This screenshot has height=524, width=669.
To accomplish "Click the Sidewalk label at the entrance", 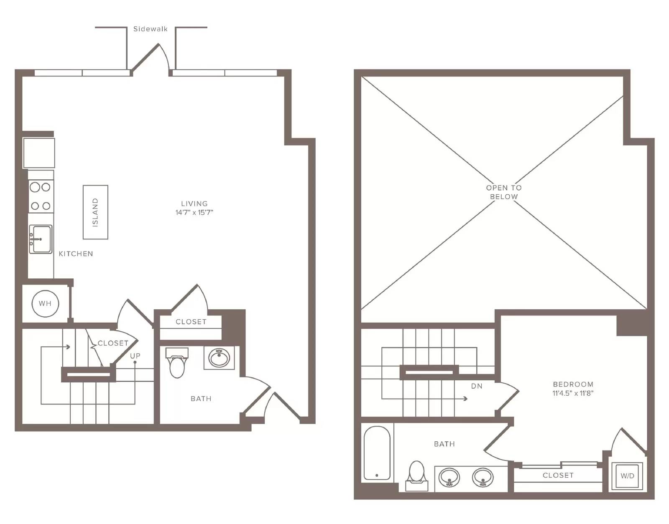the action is tap(150, 29).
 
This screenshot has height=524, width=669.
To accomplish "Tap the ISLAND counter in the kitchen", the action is tap(95, 212).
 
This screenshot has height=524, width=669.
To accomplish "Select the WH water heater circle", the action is tap(45, 303).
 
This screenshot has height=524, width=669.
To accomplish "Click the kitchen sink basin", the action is tap(41, 239).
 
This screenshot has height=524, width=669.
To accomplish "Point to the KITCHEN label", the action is tap(76, 254).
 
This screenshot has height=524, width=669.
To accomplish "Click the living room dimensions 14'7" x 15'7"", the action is tap(194, 212).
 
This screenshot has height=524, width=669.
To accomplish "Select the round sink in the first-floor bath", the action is tap(219, 358).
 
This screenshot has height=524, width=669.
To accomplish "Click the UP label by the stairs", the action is tap(135, 356).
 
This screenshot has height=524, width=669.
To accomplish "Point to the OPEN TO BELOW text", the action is tap(504, 192).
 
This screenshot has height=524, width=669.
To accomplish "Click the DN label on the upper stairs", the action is tap(477, 386).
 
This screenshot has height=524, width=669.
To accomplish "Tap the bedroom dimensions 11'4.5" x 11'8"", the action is tap(573, 393).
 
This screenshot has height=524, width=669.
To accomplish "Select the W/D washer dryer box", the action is tap(627, 476).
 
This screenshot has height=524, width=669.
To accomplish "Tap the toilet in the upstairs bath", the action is tap(417, 475).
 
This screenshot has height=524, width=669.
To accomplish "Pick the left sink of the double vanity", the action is tap(449, 478).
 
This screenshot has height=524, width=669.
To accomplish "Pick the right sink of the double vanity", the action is tap(483, 478).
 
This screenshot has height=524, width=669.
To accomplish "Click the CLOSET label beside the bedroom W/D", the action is tap(558, 475).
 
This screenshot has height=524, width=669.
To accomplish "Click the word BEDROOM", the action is tap(573, 384).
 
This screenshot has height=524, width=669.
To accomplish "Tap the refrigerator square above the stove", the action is tap(39, 153).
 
